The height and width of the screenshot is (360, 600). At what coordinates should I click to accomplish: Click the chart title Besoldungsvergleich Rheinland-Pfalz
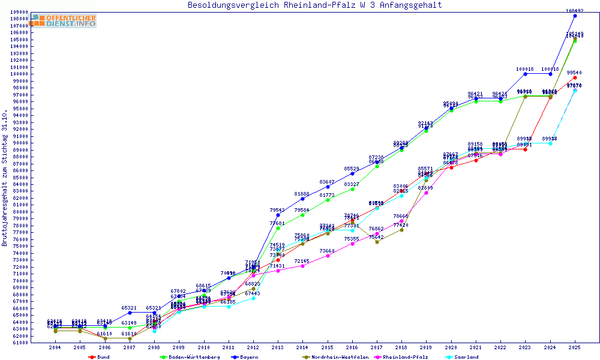[314, 5]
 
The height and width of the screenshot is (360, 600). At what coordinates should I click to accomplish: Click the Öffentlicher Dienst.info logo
[62, 20]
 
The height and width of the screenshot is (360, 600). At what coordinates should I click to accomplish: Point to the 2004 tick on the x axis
[55, 347]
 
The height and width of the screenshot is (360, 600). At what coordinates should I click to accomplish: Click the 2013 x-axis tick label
[278, 347]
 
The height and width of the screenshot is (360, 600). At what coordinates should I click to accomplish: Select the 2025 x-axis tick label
[575, 347]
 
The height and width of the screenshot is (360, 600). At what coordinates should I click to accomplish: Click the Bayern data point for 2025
[575, 16]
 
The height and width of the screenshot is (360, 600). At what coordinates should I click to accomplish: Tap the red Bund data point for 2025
[575, 77]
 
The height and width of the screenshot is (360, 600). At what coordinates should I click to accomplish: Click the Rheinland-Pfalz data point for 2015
[328, 256]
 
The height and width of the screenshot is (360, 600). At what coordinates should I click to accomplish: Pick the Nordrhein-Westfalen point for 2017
[377, 242]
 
